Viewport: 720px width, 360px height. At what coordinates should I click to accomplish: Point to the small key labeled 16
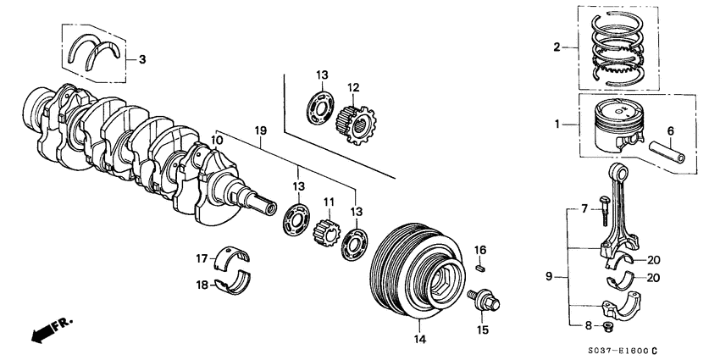480,269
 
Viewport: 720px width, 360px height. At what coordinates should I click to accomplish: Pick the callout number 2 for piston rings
556,47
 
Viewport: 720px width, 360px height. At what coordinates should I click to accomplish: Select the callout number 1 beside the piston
556,125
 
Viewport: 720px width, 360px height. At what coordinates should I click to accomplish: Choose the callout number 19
261,131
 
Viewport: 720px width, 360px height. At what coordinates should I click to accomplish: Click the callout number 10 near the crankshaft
217,140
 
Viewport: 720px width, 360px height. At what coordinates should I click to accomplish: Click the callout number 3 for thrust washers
142,60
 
